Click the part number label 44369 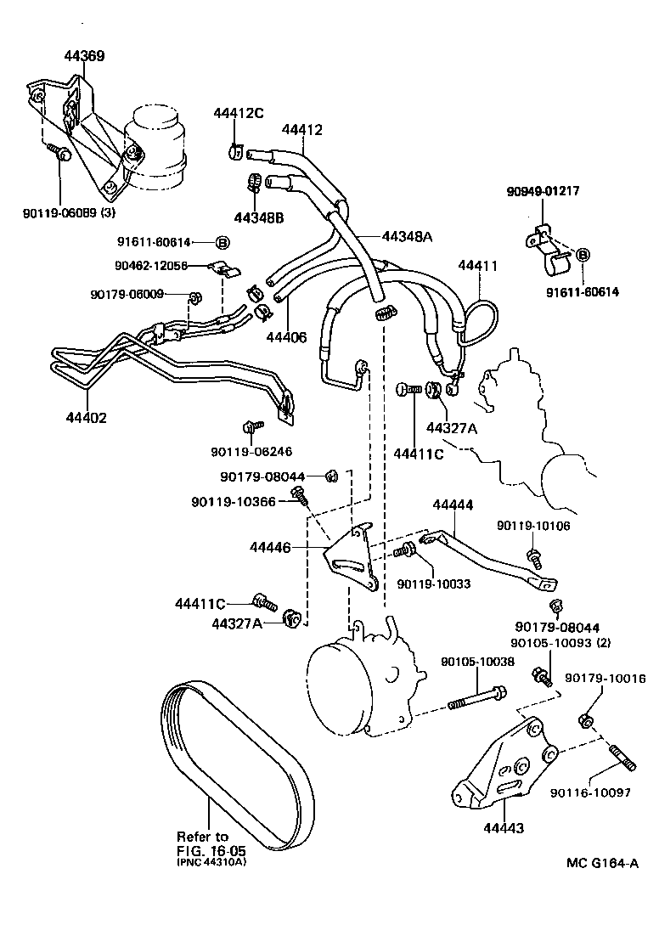coord(85,56)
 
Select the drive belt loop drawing coord(230,764)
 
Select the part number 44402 coord(86,418)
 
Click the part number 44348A coord(407,236)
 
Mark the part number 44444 coord(453,505)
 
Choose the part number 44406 coord(286,337)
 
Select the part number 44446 coord(271,548)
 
